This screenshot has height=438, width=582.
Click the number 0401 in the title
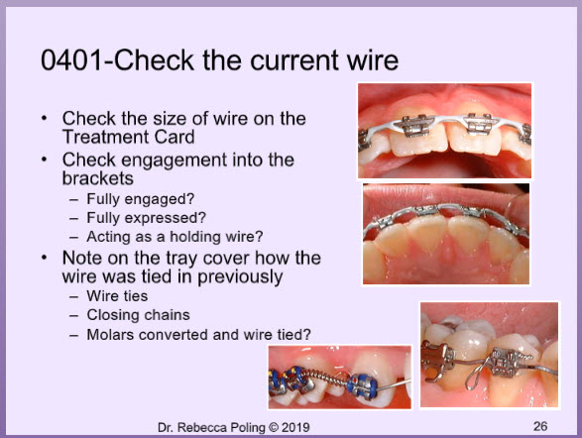(x=71, y=60)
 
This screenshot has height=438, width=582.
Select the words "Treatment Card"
(x=129, y=137)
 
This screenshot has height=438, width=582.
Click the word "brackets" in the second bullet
(x=98, y=178)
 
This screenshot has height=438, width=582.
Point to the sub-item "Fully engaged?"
(x=141, y=199)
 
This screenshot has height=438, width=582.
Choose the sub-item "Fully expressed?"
(x=146, y=218)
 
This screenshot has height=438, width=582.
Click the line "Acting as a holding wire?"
(x=175, y=237)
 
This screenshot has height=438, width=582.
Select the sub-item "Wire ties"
(x=117, y=296)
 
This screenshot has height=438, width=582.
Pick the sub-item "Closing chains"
(x=139, y=315)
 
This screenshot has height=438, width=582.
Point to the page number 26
(x=540, y=426)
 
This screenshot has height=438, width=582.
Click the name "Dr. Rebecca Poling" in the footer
(x=211, y=427)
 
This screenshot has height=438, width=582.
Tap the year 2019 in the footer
(x=295, y=427)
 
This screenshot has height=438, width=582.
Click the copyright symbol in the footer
(x=274, y=427)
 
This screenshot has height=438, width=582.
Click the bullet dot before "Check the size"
(x=45, y=118)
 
